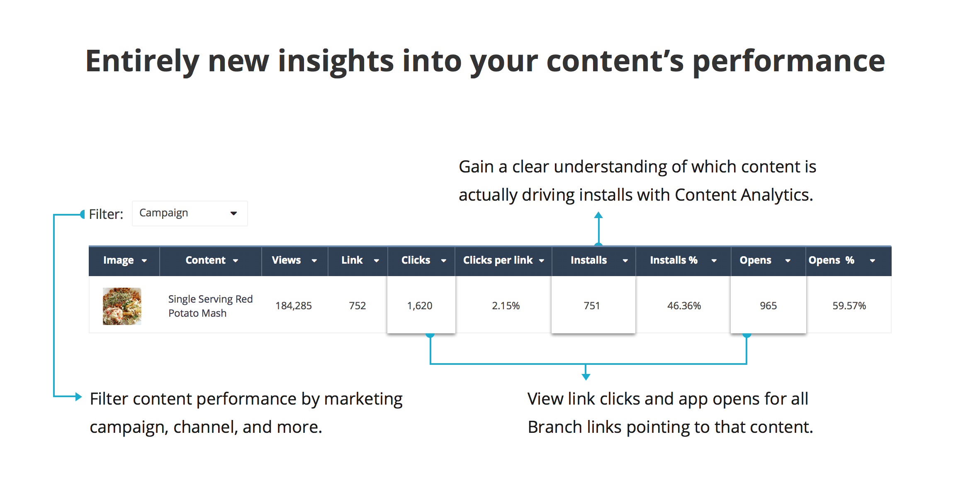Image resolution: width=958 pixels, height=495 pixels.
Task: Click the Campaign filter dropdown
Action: (190, 214)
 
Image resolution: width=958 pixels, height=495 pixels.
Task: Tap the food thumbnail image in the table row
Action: (122, 306)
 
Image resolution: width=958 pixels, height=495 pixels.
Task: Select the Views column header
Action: (294, 260)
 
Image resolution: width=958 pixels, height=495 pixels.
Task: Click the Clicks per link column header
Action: (503, 260)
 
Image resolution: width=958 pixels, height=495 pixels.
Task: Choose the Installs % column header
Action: (683, 260)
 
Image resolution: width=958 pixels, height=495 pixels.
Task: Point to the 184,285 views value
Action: (294, 306)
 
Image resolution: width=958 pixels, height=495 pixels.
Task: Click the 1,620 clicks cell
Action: (420, 306)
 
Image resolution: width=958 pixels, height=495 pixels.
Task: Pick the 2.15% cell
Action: (506, 306)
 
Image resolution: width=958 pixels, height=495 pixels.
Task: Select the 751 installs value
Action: (592, 306)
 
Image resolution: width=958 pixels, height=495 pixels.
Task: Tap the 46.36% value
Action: (684, 306)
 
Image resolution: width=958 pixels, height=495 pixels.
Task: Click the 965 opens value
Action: (768, 306)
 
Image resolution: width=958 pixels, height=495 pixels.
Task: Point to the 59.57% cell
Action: (849, 306)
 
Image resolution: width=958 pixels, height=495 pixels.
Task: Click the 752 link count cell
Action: (357, 306)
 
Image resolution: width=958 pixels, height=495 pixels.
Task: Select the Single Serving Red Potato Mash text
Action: (210, 306)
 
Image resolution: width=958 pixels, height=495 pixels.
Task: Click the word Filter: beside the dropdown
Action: (106, 214)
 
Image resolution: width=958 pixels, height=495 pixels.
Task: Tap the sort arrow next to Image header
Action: (144, 261)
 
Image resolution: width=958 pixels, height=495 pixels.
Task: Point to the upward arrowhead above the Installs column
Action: (598, 215)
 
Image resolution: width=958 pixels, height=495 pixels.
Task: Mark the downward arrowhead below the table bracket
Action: (586, 376)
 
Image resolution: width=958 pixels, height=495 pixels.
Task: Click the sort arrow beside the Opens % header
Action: (873, 261)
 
